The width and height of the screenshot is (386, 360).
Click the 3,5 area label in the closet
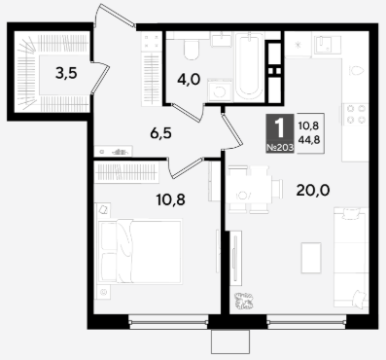(66, 74)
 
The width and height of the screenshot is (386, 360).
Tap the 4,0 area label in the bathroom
(190, 79)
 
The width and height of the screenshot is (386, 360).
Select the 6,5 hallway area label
(160, 133)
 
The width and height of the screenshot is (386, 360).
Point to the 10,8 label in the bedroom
(171, 199)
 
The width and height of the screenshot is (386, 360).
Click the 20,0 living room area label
(313, 190)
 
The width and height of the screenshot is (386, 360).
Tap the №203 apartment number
(280, 148)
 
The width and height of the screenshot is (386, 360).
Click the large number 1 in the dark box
(279, 128)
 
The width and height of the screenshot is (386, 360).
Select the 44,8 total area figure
(310, 140)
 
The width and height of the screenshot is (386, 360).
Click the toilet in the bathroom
(192, 50)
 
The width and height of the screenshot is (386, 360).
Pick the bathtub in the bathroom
(249, 66)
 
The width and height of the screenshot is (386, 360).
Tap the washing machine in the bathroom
(220, 90)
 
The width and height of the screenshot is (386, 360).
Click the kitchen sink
(327, 45)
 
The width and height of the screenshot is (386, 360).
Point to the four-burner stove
(356, 114)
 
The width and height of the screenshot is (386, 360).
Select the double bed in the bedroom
(140, 251)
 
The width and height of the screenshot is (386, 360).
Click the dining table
(249, 189)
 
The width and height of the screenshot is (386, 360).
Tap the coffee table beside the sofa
(311, 258)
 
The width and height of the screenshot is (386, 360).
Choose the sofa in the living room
(351, 257)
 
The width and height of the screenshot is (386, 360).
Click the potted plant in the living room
(244, 301)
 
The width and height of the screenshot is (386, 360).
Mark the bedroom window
(168, 322)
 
